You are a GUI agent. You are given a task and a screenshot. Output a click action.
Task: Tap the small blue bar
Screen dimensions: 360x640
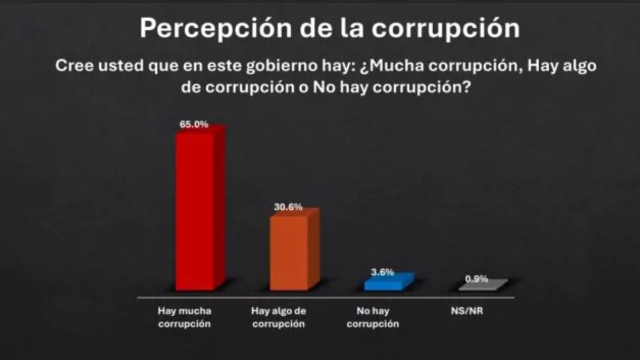384,283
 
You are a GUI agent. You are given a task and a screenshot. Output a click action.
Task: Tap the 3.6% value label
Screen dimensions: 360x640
382,272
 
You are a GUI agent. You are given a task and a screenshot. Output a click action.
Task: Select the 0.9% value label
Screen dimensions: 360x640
476,278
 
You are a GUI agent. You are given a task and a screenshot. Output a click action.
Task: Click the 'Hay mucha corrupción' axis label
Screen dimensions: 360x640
185,317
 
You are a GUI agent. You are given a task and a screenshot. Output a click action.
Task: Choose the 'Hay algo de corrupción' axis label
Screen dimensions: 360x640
279,317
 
